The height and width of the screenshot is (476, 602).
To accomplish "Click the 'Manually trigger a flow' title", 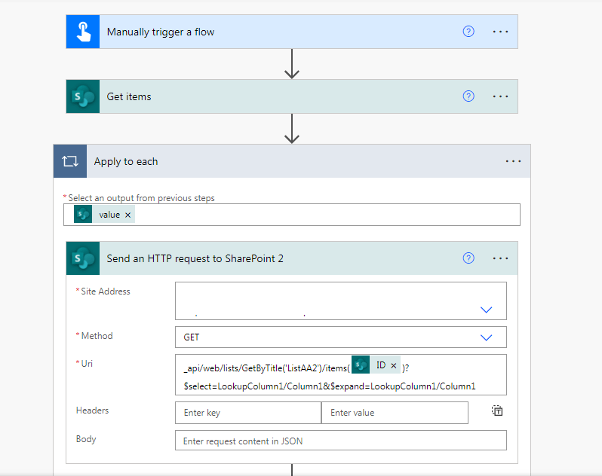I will [161, 32].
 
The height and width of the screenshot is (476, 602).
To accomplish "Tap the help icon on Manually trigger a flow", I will [468, 32].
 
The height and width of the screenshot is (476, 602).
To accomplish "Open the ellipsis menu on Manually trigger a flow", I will [501, 32].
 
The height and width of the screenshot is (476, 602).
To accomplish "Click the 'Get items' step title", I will [129, 96].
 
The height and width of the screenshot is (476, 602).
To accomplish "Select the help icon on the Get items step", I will [468, 96].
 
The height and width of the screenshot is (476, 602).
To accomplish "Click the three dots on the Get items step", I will [501, 96].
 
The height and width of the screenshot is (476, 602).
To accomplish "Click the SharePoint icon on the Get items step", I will [83, 96].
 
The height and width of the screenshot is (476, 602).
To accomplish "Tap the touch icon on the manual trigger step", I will [83, 32].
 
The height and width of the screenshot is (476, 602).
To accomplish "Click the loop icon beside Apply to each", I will [70, 161].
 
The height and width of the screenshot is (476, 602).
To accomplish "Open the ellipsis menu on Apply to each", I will [514, 161].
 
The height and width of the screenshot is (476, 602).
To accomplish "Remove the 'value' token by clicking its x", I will [128, 215].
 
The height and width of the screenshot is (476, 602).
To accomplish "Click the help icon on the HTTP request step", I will [468, 258].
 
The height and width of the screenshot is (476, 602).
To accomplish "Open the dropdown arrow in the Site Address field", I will [487, 310].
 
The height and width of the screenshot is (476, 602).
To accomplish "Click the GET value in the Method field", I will [192, 337].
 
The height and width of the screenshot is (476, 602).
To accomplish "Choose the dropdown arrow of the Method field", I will [487, 337].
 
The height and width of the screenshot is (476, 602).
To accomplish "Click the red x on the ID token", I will [394, 365].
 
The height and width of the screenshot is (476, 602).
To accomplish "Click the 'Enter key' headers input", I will [247, 413].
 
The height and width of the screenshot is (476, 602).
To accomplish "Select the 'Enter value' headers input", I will [394, 413].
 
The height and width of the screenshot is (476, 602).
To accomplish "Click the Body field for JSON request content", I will [340, 441].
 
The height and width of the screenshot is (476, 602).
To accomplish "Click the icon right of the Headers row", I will [497, 410].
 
